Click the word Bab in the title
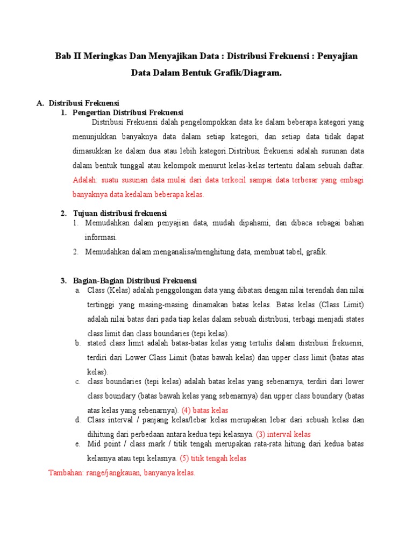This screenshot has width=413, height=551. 64,56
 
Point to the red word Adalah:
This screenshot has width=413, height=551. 86,180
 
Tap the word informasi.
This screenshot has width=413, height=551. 101,237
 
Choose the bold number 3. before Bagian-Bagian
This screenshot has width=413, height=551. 63,281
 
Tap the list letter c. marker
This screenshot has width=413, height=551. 77,382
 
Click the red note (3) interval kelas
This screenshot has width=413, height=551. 283,434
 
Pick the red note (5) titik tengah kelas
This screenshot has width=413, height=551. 213,458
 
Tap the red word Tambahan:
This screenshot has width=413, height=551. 66,473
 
